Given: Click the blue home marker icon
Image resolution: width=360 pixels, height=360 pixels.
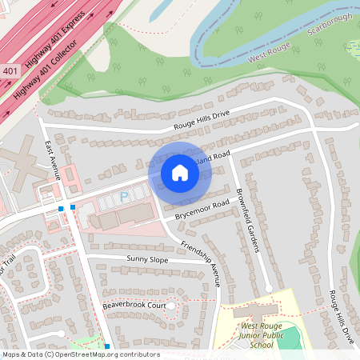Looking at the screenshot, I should click(x=180, y=172).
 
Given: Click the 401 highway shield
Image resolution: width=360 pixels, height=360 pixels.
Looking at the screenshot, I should click(x=10, y=71).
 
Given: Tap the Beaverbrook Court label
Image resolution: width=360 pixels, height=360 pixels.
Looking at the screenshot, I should click(x=134, y=306).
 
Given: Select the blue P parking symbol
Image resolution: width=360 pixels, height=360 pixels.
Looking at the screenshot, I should click(x=124, y=196).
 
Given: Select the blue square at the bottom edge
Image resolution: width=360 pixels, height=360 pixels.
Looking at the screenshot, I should click(x=107, y=346).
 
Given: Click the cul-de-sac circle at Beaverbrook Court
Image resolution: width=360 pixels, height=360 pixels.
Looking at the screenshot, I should click(x=170, y=306).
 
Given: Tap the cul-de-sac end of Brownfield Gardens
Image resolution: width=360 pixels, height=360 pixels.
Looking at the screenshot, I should click(x=269, y=288).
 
